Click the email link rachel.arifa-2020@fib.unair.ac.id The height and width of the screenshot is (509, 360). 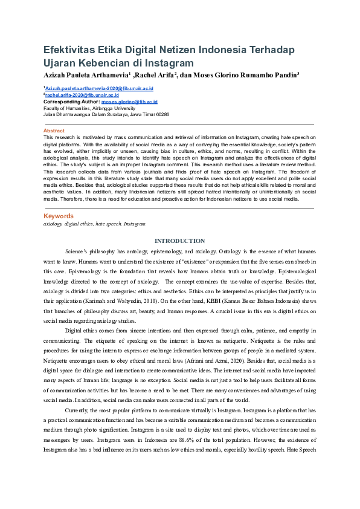(82, 95)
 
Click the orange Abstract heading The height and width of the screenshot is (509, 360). (54, 131)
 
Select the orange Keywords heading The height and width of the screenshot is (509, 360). (59, 216)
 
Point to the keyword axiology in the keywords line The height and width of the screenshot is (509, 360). (53, 224)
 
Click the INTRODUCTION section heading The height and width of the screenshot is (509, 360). (179, 241)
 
